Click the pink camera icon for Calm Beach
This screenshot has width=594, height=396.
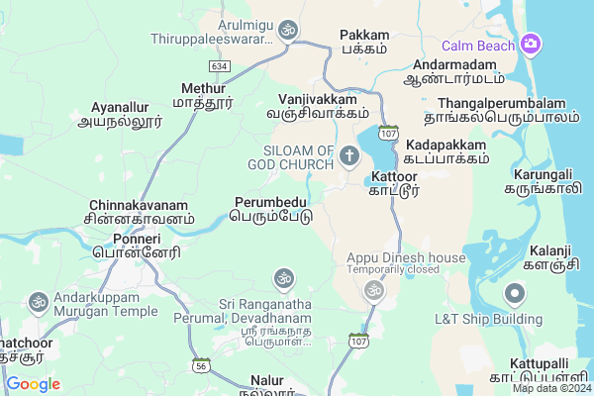point(532,45)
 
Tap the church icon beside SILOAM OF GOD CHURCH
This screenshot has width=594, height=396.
point(348,155)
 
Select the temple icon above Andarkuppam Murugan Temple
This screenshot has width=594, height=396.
point(39,300)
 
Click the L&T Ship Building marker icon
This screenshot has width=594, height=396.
point(515,293)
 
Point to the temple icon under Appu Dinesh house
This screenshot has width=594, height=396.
point(373,289)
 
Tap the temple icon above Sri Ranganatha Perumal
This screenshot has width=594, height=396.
point(284,279)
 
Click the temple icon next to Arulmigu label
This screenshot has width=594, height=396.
point(288,31)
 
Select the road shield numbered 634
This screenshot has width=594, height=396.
point(219,65)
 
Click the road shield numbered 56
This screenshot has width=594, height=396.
point(202,364)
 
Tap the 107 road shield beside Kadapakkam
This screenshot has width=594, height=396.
point(388,132)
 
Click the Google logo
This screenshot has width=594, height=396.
point(33,383)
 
